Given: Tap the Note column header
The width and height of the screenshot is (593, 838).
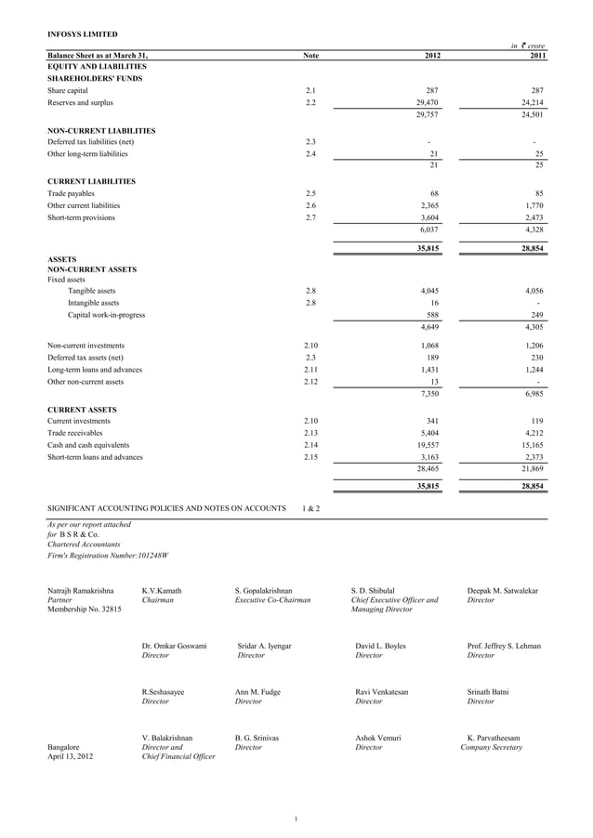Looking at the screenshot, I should [x=311, y=56].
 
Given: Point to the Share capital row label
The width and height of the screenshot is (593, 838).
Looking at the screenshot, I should [x=68, y=91].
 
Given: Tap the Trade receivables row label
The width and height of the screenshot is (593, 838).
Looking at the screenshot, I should [x=75, y=433].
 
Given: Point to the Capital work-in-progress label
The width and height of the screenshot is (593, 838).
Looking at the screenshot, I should [x=106, y=315].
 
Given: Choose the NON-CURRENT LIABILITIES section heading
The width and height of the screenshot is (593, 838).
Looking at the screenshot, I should [x=101, y=131].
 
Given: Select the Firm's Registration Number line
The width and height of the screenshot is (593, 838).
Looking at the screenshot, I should [x=107, y=556].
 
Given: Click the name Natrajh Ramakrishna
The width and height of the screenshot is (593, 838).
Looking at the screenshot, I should [x=81, y=590].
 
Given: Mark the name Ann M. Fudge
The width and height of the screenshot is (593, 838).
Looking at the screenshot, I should [x=257, y=692].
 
